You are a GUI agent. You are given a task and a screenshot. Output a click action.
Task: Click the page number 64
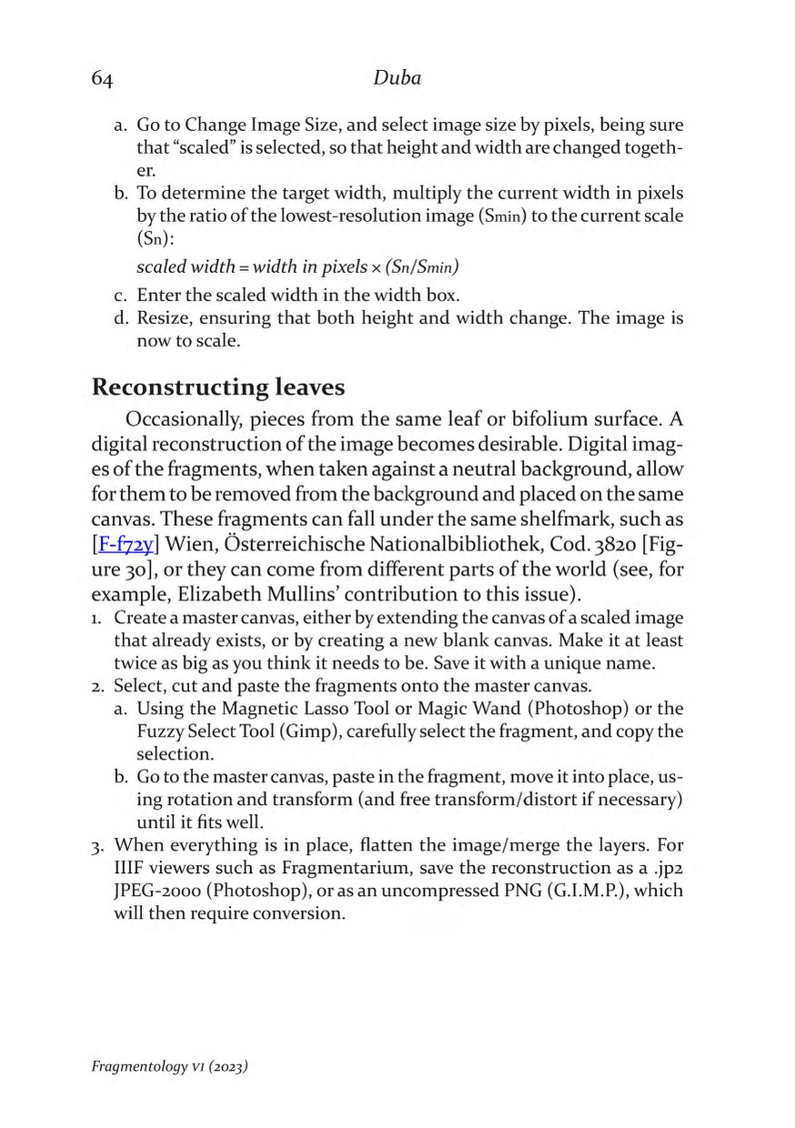point(102,80)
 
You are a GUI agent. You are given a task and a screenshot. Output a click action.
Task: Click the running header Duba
point(397,79)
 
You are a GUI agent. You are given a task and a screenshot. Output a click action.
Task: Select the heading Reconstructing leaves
point(218,388)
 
